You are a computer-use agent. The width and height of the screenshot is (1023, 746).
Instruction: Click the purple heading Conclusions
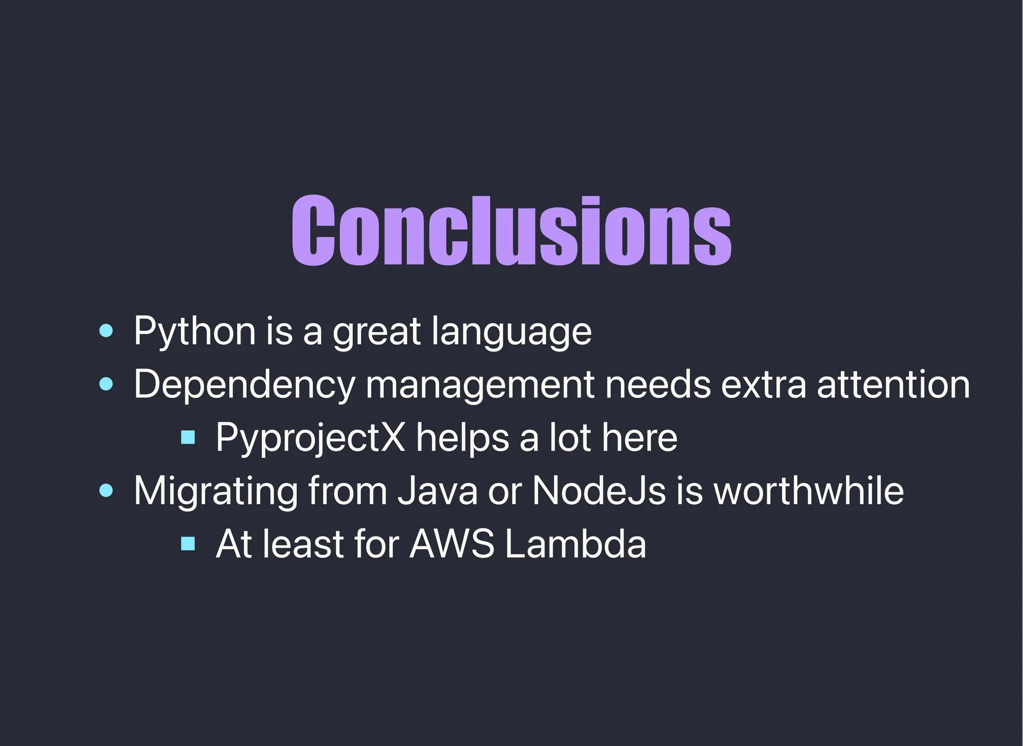coord(511,231)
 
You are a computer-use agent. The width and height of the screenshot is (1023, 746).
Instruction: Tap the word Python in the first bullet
coord(195,331)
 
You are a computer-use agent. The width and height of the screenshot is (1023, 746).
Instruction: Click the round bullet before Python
coord(106,330)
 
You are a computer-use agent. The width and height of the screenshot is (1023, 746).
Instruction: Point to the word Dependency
coord(244,385)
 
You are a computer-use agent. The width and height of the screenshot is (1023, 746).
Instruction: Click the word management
coord(480,385)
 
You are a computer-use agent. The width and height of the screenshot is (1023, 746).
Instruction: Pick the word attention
coord(893,385)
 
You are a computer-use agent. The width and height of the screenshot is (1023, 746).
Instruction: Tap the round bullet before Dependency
coord(106,384)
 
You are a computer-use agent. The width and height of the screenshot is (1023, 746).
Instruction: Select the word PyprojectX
coord(310,438)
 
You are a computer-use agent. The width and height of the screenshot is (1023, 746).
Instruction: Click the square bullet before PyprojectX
coord(188,438)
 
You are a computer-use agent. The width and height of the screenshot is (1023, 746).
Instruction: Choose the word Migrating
coord(215,491)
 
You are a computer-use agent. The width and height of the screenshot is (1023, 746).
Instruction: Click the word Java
coord(438,491)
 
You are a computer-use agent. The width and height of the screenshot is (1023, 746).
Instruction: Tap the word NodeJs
coord(598,491)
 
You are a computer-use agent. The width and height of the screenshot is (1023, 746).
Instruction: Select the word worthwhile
coord(808,491)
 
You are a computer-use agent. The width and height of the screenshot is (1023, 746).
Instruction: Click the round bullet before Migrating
coord(106,490)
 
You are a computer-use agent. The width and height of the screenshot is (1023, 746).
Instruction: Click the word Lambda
coord(575,544)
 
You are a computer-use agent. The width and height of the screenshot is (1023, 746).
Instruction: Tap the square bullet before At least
coord(188,543)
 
